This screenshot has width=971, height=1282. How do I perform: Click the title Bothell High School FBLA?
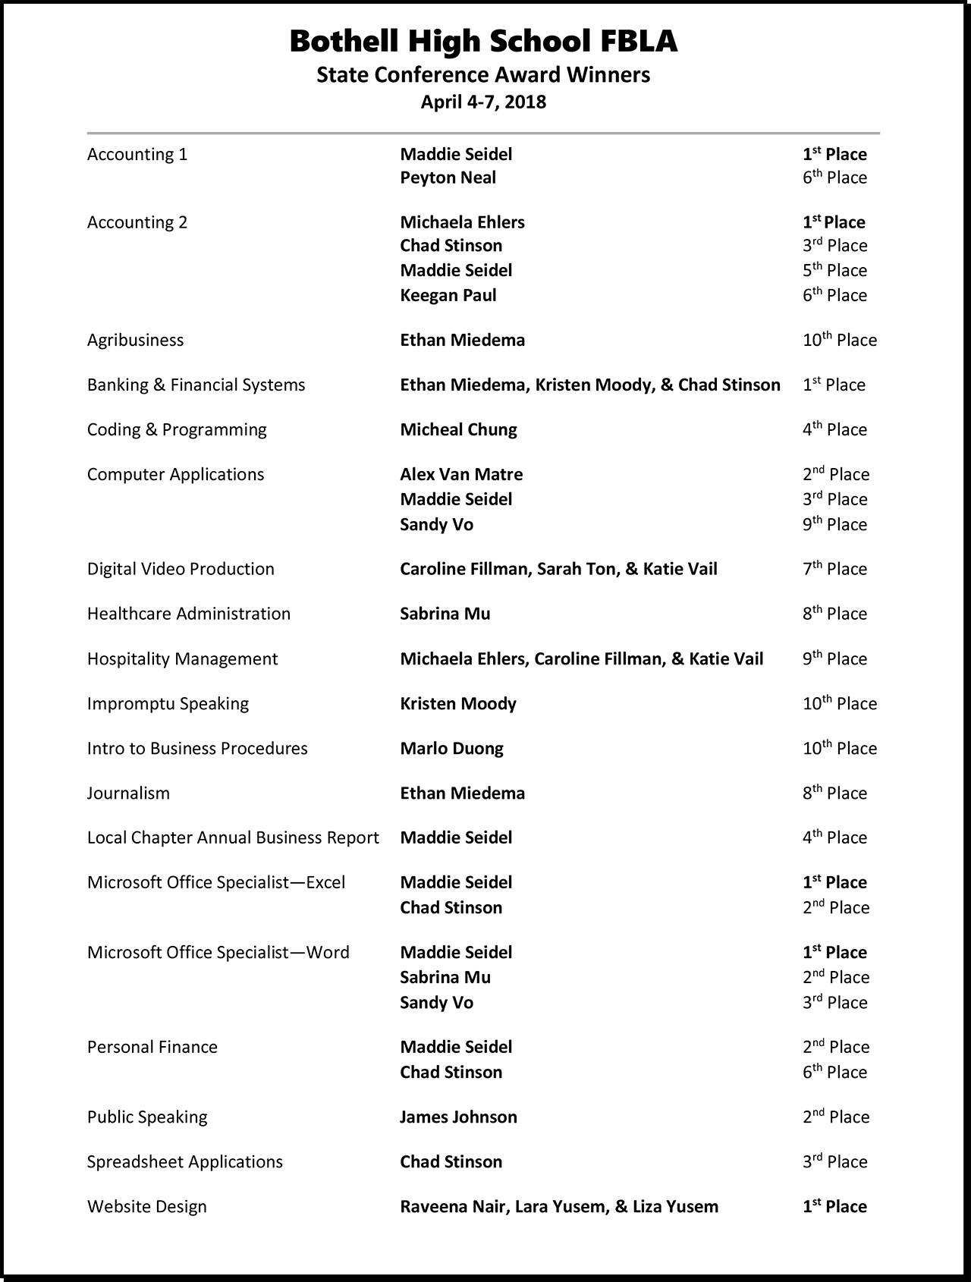pos(483,41)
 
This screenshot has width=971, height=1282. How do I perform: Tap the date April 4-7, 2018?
pos(483,102)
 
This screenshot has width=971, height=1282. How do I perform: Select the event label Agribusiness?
pos(135,340)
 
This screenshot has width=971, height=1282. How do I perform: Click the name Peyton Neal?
pos(448,178)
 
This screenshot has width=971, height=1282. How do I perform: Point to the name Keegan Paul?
pos(448,295)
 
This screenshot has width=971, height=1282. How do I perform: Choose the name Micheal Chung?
pos(458,429)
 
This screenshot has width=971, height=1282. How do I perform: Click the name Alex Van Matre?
pos(461,474)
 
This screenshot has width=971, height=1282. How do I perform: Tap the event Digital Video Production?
pos(181,569)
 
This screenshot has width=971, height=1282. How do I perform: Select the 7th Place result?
pos(834,569)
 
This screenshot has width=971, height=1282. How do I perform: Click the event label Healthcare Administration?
pos(188,614)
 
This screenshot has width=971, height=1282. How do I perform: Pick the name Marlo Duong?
pos(451,749)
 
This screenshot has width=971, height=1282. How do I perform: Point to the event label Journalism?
pos(128,793)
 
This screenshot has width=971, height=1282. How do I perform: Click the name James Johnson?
pos(458,1117)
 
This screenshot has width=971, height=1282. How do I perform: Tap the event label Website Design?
pos(146,1207)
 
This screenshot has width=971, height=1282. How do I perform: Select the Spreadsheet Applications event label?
pos(184,1162)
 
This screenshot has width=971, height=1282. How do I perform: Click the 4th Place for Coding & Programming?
pos(834,429)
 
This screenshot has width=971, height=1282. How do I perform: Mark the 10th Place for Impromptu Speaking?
pos(839,704)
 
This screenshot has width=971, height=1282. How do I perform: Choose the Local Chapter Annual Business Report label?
pos(233,838)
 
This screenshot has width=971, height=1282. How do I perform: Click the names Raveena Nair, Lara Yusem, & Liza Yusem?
pos(558,1207)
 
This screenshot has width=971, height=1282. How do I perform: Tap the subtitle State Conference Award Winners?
pos(483,74)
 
